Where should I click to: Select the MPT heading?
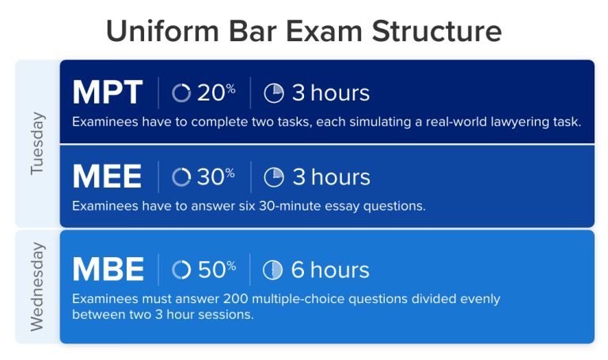click(x=108, y=93)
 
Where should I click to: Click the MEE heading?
click(x=107, y=176)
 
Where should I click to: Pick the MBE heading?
click(x=108, y=270)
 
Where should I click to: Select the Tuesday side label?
click(x=38, y=143)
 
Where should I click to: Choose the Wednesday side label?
click(x=38, y=286)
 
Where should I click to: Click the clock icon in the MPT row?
click(x=273, y=93)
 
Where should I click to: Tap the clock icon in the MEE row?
click(x=273, y=176)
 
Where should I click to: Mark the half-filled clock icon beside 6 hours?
click(x=272, y=270)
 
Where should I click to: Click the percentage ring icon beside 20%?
click(x=181, y=93)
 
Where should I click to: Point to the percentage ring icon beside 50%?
click(x=181, y=270)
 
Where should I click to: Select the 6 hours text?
click(x=330, y=270)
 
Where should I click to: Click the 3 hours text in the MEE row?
click(x=331, y=176)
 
